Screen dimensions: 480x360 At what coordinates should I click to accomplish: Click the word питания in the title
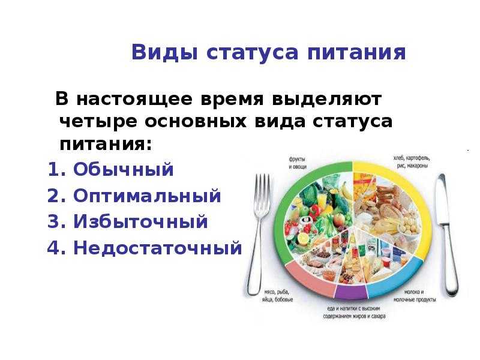[356, 53]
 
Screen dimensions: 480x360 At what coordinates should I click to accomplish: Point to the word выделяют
[327, 99]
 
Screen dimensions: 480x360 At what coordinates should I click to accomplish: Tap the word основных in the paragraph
[196, 122]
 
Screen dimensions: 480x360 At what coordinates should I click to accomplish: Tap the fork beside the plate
[258, 234]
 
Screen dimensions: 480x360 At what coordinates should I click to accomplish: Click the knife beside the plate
[448, 235]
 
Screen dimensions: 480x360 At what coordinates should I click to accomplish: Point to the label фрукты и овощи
[298, 163]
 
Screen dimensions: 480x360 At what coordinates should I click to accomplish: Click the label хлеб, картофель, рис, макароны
[411, 162]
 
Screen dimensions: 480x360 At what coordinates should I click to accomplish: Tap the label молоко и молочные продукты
[414, 296]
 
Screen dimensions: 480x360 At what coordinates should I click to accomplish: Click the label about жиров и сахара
[354, 313]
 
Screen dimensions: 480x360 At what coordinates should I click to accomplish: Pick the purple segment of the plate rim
[350, 292]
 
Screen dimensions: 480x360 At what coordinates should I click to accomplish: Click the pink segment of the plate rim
[309, 279]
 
